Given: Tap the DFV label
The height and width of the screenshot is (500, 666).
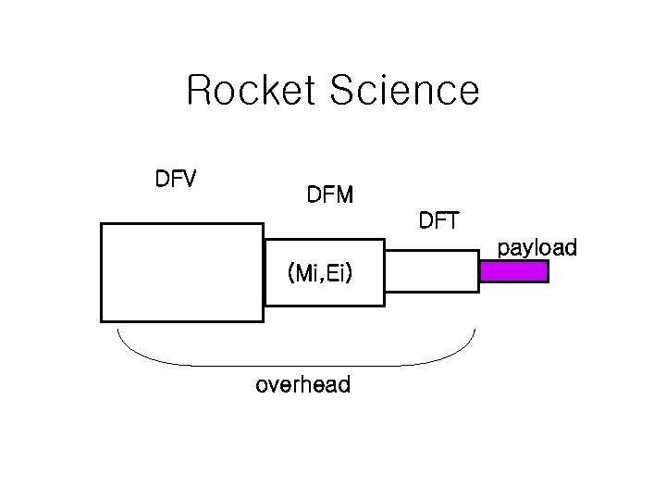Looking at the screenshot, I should click(175, 179).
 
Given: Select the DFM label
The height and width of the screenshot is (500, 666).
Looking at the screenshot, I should click(329, 195).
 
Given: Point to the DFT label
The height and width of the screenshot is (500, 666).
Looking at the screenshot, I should click(444, 221).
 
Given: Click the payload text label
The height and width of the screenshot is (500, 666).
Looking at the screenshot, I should click(536, 248).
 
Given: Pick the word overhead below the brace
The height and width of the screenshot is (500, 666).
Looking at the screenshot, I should click(302, 385).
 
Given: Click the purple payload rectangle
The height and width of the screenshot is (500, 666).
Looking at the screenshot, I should click(514, 271).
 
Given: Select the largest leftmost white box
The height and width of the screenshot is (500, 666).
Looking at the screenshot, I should click(182, 271).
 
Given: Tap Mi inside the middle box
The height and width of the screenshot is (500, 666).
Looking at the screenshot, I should click(306, 273).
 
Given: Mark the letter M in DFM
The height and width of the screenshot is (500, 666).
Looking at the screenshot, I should click(343, 195).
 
